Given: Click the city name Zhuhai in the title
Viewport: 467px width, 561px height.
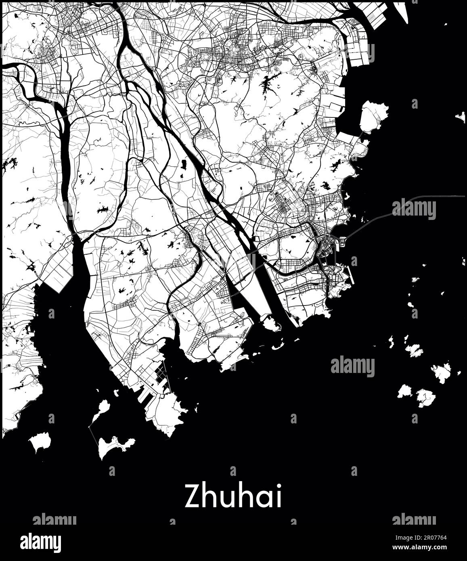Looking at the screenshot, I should (x=233, y=497).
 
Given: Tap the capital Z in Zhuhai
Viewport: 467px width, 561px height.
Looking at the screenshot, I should (x=192, y=497).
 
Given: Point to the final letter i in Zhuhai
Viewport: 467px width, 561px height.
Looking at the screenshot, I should (x=279, y=497).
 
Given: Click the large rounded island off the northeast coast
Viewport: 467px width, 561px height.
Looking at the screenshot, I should (x=373, y=116).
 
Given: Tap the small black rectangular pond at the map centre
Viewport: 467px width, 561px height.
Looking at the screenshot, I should (x=184, y=165).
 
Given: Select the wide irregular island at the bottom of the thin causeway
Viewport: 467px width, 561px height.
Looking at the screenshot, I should (x=115, y=446).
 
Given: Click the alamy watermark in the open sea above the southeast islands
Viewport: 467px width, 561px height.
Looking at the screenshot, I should (x=352, y=366).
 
